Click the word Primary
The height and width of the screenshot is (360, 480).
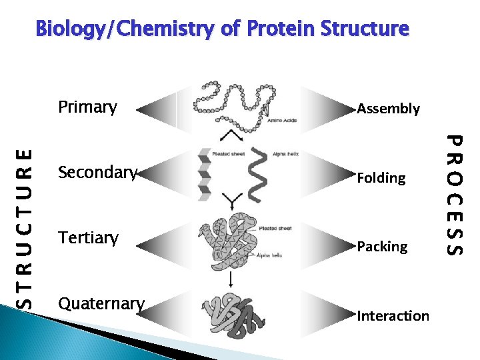(x=87, y=107)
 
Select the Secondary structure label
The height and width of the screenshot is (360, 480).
(x=97, y=173)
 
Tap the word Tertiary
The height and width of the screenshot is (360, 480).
(x=88, y=238)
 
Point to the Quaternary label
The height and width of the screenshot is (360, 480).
(x=101, y=303)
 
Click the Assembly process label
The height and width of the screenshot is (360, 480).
(x=389, y=109)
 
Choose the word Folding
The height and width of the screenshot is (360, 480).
(x=381, y=178)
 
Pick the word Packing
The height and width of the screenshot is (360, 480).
(x=382, y=247)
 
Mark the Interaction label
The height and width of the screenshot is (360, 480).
(x=393, y=316)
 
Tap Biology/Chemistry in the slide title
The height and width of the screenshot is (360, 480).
(x=131, y=29)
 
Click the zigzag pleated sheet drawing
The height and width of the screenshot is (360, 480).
(x=205, y=175)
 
